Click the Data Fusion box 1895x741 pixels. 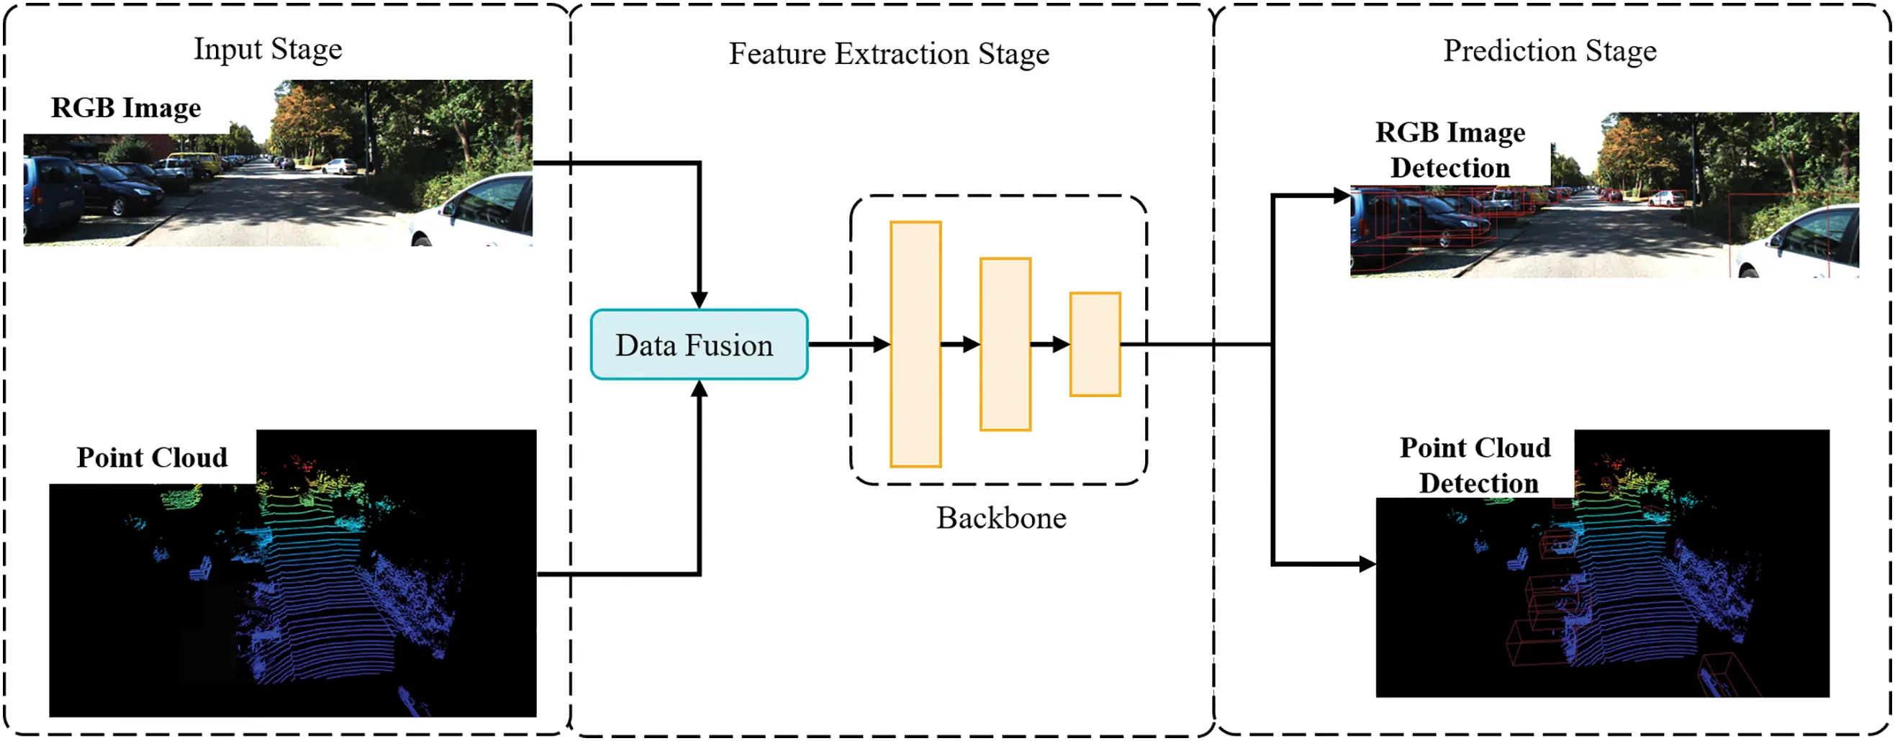coord(699,345)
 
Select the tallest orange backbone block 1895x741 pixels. coord(915,344)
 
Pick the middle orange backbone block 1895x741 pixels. coord(1005,344)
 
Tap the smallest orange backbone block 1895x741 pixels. coord(1095,344)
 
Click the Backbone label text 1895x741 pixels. coord(1000,518)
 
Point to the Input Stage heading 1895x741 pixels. coord(268,49)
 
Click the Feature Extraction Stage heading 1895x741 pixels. coord(889,54)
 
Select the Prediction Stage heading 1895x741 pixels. coord(1550,51)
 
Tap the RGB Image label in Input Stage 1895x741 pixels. coord(126,108)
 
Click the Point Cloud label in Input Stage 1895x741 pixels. coord(153,458)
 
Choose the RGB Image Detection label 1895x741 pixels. coord(1450,150)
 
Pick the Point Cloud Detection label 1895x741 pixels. coord(1475,465)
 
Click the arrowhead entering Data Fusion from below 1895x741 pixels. coord(699,390)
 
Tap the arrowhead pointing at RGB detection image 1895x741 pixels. coord(1341,196)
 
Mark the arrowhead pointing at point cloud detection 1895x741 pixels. coord(1367,564)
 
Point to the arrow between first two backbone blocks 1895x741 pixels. coord(960,344)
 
